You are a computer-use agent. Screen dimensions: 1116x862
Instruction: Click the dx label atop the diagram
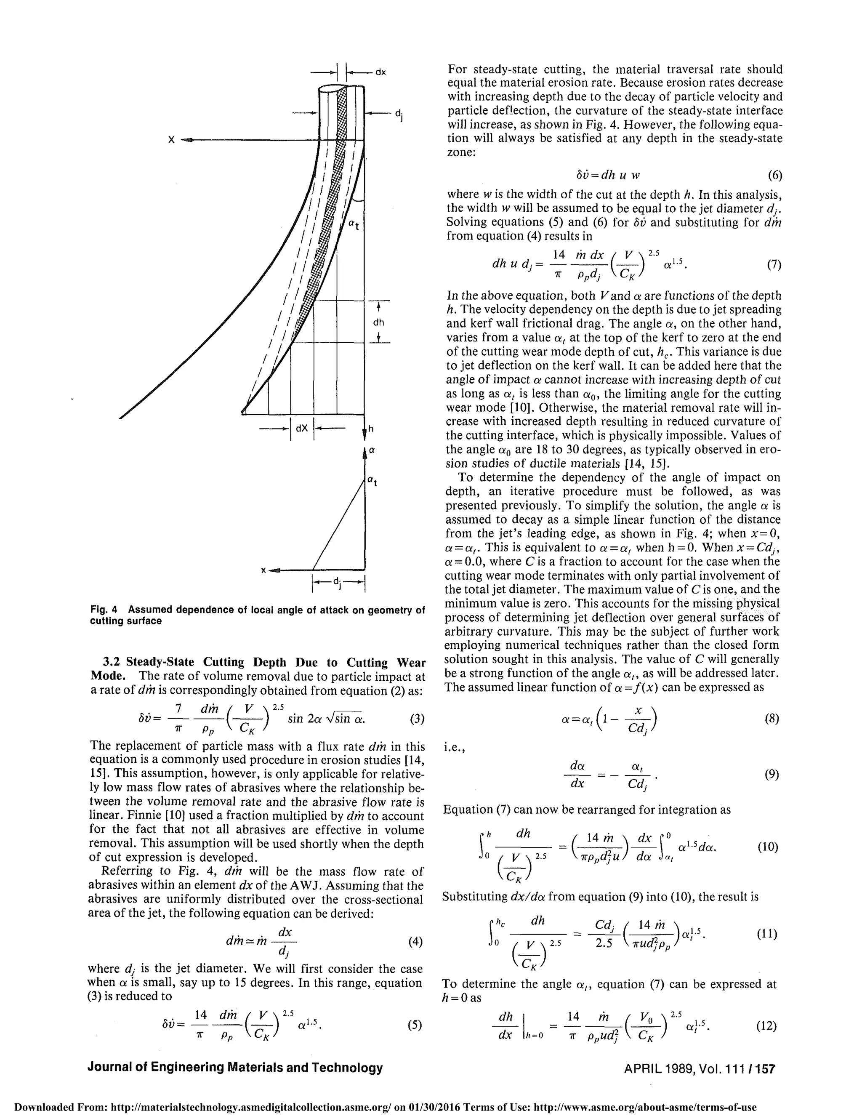pos(380,72)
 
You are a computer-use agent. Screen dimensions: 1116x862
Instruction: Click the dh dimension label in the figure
pos(378,322)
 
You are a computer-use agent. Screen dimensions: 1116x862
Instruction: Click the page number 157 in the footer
pos(766,1068)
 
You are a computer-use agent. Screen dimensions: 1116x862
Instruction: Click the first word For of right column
pos(458,69)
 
